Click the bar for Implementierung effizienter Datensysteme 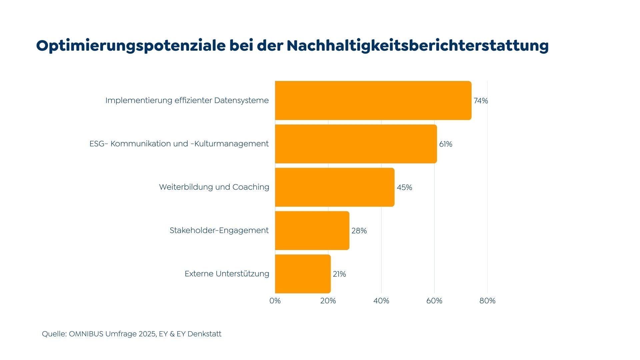click(373, 100)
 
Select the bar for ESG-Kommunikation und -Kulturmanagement click(356, 144)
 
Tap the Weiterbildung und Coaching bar click(335, 187)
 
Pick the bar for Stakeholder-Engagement click(312, 230)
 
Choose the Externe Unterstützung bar click(303, 274)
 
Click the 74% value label click(481, 101)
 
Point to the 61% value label click(446, 144)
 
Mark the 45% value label click(404, 187)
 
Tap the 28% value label click(359, 231)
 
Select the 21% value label click(339, 274)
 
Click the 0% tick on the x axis click(275, 301)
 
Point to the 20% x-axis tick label click(328, 301)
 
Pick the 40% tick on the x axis click(381, 301)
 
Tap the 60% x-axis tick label click(434, 301)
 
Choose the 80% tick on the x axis click(487, 301)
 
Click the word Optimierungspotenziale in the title click(131, 46)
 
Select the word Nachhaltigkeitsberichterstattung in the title click(418, 46)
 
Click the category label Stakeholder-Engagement click(219, 230)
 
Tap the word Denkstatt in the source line click(204, 334)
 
